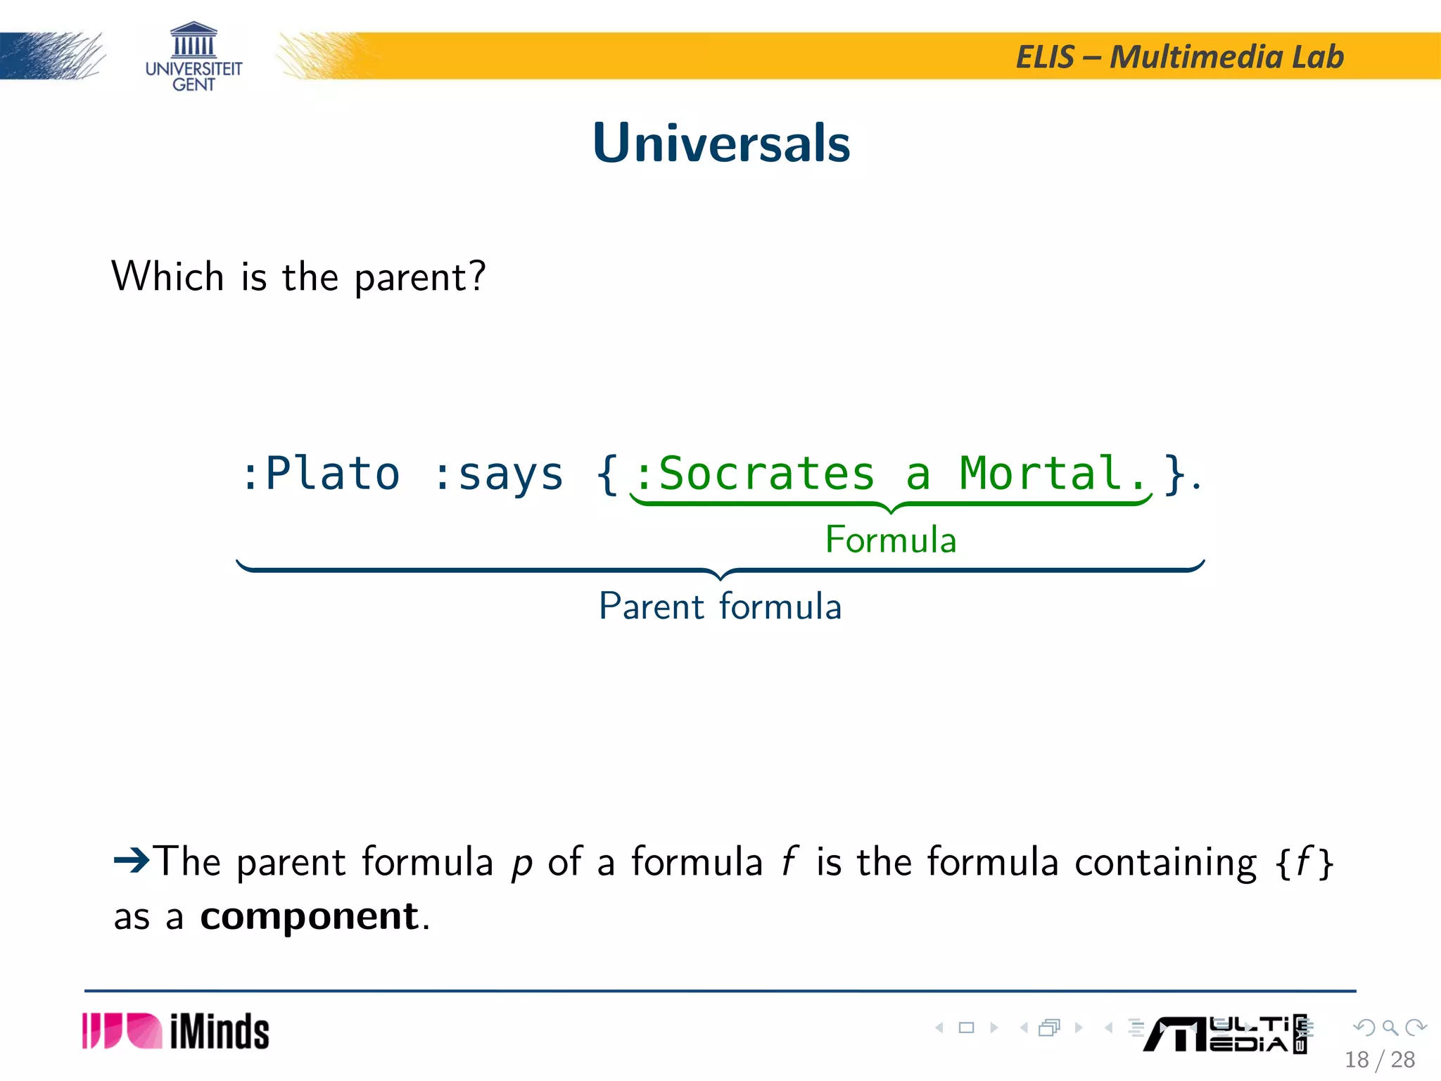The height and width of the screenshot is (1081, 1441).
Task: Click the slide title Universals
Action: point(721,143)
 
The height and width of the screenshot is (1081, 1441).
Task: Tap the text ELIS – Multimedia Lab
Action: point(1179,57)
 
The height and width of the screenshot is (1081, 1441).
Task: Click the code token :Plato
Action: point(321,473)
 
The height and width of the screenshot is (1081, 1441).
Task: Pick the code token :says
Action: point(499,474)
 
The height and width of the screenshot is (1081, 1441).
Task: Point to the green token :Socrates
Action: point(755,473)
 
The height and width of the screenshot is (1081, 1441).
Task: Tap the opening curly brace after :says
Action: point(607,474)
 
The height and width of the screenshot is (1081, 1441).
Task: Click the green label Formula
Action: point(890,540)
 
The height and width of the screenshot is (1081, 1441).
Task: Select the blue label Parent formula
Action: point(720,606)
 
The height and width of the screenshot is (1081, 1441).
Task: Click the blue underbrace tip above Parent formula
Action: point(720,577)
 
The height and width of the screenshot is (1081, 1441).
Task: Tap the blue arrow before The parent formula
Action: point(132,859)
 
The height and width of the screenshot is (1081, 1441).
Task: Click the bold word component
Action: point(310,916)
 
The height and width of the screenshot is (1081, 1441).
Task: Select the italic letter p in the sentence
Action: point(521,863)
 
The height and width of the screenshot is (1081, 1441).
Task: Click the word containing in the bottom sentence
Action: point(1165,861)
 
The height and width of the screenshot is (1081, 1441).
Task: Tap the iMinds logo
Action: point(176,1032)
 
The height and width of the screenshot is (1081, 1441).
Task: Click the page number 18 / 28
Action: point(1379,1059)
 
